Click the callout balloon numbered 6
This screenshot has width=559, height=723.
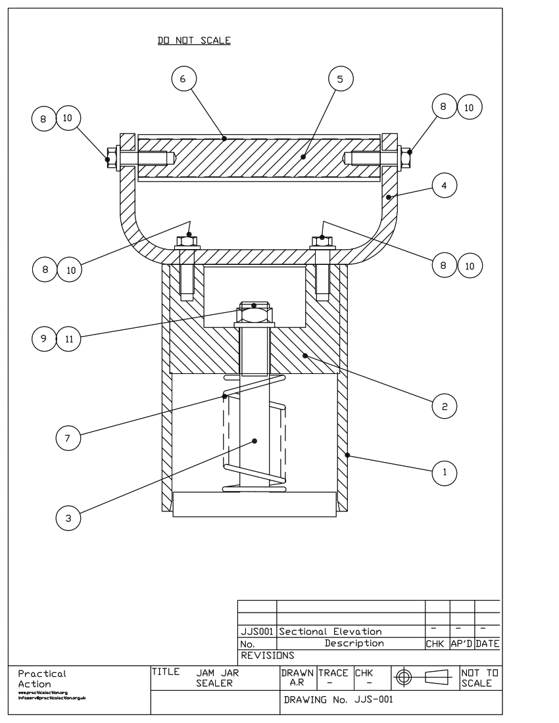click(x=183, y=78)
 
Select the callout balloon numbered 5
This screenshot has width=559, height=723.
click(x=340, y=78)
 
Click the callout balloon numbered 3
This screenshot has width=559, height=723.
click(x=68, y=519)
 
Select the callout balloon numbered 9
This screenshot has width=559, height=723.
click(x=43, y=339)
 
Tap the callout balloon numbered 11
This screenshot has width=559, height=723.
click(x=68, y=339)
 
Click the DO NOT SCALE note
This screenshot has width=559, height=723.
click(x=194, y=41)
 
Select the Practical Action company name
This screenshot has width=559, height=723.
click(x=42, y=678)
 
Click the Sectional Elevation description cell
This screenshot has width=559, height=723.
click(x=331, y=632)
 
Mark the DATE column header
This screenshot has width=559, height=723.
click(x=487, y=643)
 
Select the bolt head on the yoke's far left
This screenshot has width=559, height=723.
click(x=110, y=158)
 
